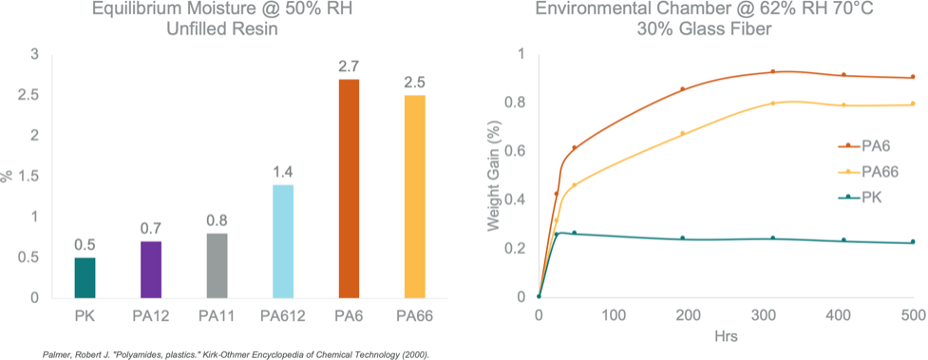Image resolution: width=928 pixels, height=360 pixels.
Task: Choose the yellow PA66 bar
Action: pyautogui.click(x=413, y=196)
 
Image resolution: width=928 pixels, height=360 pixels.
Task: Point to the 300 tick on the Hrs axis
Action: pyautogui.click(x=763, y=314)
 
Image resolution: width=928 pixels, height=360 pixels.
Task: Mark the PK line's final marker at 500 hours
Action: pyautogui.click(x=912, y=242)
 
